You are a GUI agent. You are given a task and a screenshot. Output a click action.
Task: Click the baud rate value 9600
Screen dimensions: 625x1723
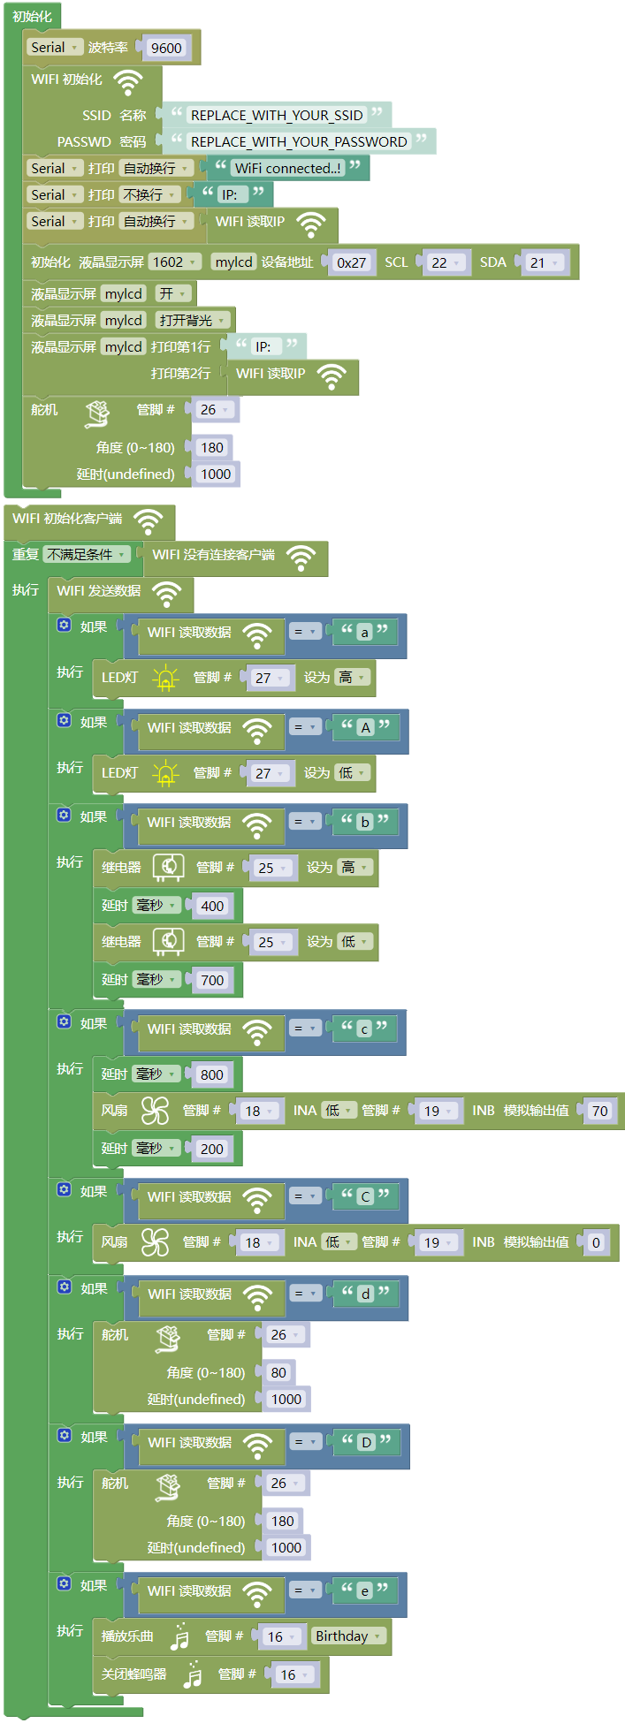166,48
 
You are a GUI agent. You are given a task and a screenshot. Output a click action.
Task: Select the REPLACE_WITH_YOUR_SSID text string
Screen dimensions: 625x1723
277,115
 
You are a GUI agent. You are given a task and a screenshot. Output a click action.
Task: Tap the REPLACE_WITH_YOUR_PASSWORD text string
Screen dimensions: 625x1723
299,141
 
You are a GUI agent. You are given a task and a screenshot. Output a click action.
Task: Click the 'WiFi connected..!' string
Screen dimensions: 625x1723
287,168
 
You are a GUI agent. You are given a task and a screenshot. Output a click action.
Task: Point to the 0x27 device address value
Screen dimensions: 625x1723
351,262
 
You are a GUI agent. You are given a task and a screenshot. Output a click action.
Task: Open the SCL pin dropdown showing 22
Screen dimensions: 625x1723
446,262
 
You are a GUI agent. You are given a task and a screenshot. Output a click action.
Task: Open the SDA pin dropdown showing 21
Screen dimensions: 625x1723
544,262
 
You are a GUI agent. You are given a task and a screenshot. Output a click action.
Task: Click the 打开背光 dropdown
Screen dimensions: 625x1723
193,320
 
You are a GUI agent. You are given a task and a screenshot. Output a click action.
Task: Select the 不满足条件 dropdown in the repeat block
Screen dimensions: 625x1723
87,554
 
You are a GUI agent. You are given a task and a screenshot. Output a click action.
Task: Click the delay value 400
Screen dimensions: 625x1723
212,906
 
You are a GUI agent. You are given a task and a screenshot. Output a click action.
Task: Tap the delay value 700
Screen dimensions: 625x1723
212,980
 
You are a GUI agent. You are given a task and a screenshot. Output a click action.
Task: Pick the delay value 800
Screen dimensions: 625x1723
212,1074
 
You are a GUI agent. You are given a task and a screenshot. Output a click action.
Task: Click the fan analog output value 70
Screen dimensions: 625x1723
600,1111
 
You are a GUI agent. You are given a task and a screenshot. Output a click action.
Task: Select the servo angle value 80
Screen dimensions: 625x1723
278,1372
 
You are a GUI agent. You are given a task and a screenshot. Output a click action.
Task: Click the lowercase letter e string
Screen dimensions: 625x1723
364,1590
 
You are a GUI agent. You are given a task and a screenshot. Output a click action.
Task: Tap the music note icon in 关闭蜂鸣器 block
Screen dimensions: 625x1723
193,1674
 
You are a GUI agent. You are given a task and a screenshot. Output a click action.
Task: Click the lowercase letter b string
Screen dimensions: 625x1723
364,822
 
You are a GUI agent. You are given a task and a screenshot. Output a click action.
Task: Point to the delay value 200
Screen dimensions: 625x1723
212,1149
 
